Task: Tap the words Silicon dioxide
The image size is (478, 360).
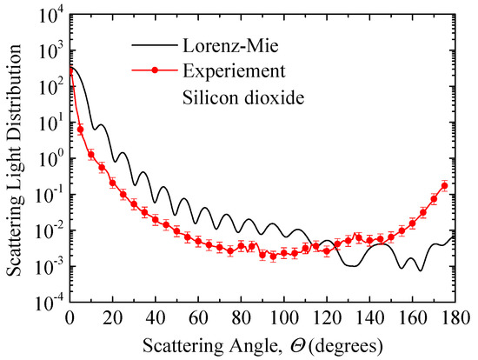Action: (x=234, y=97)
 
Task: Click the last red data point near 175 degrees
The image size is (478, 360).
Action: (x=444, y=185)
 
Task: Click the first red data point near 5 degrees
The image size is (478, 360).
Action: (x=81, y=130)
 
